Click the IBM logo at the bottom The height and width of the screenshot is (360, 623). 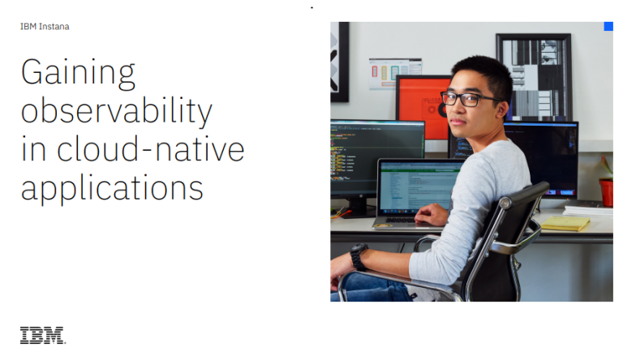(x=43, y=335)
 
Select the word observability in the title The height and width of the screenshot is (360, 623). (x=117, y=111)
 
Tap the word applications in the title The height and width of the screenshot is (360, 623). (x=112, y=188)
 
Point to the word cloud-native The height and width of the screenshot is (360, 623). (x=150, y=149)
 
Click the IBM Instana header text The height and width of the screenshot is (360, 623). (x=45, y=27)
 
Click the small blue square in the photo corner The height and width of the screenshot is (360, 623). (x=608, y=26)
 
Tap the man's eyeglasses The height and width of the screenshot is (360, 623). (x=468, y=99)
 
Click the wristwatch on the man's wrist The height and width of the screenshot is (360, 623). (x=359, y=257)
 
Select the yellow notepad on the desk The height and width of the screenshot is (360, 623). (x=565, y=223)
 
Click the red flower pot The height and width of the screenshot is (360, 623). (x=606, y=192)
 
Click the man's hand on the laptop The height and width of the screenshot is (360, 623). (x=431, y=215)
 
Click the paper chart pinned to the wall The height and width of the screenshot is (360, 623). (x=394, y=73)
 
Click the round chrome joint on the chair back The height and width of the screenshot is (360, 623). (x=505, y=203)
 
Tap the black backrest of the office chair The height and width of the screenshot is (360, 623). (x=501, y=255)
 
